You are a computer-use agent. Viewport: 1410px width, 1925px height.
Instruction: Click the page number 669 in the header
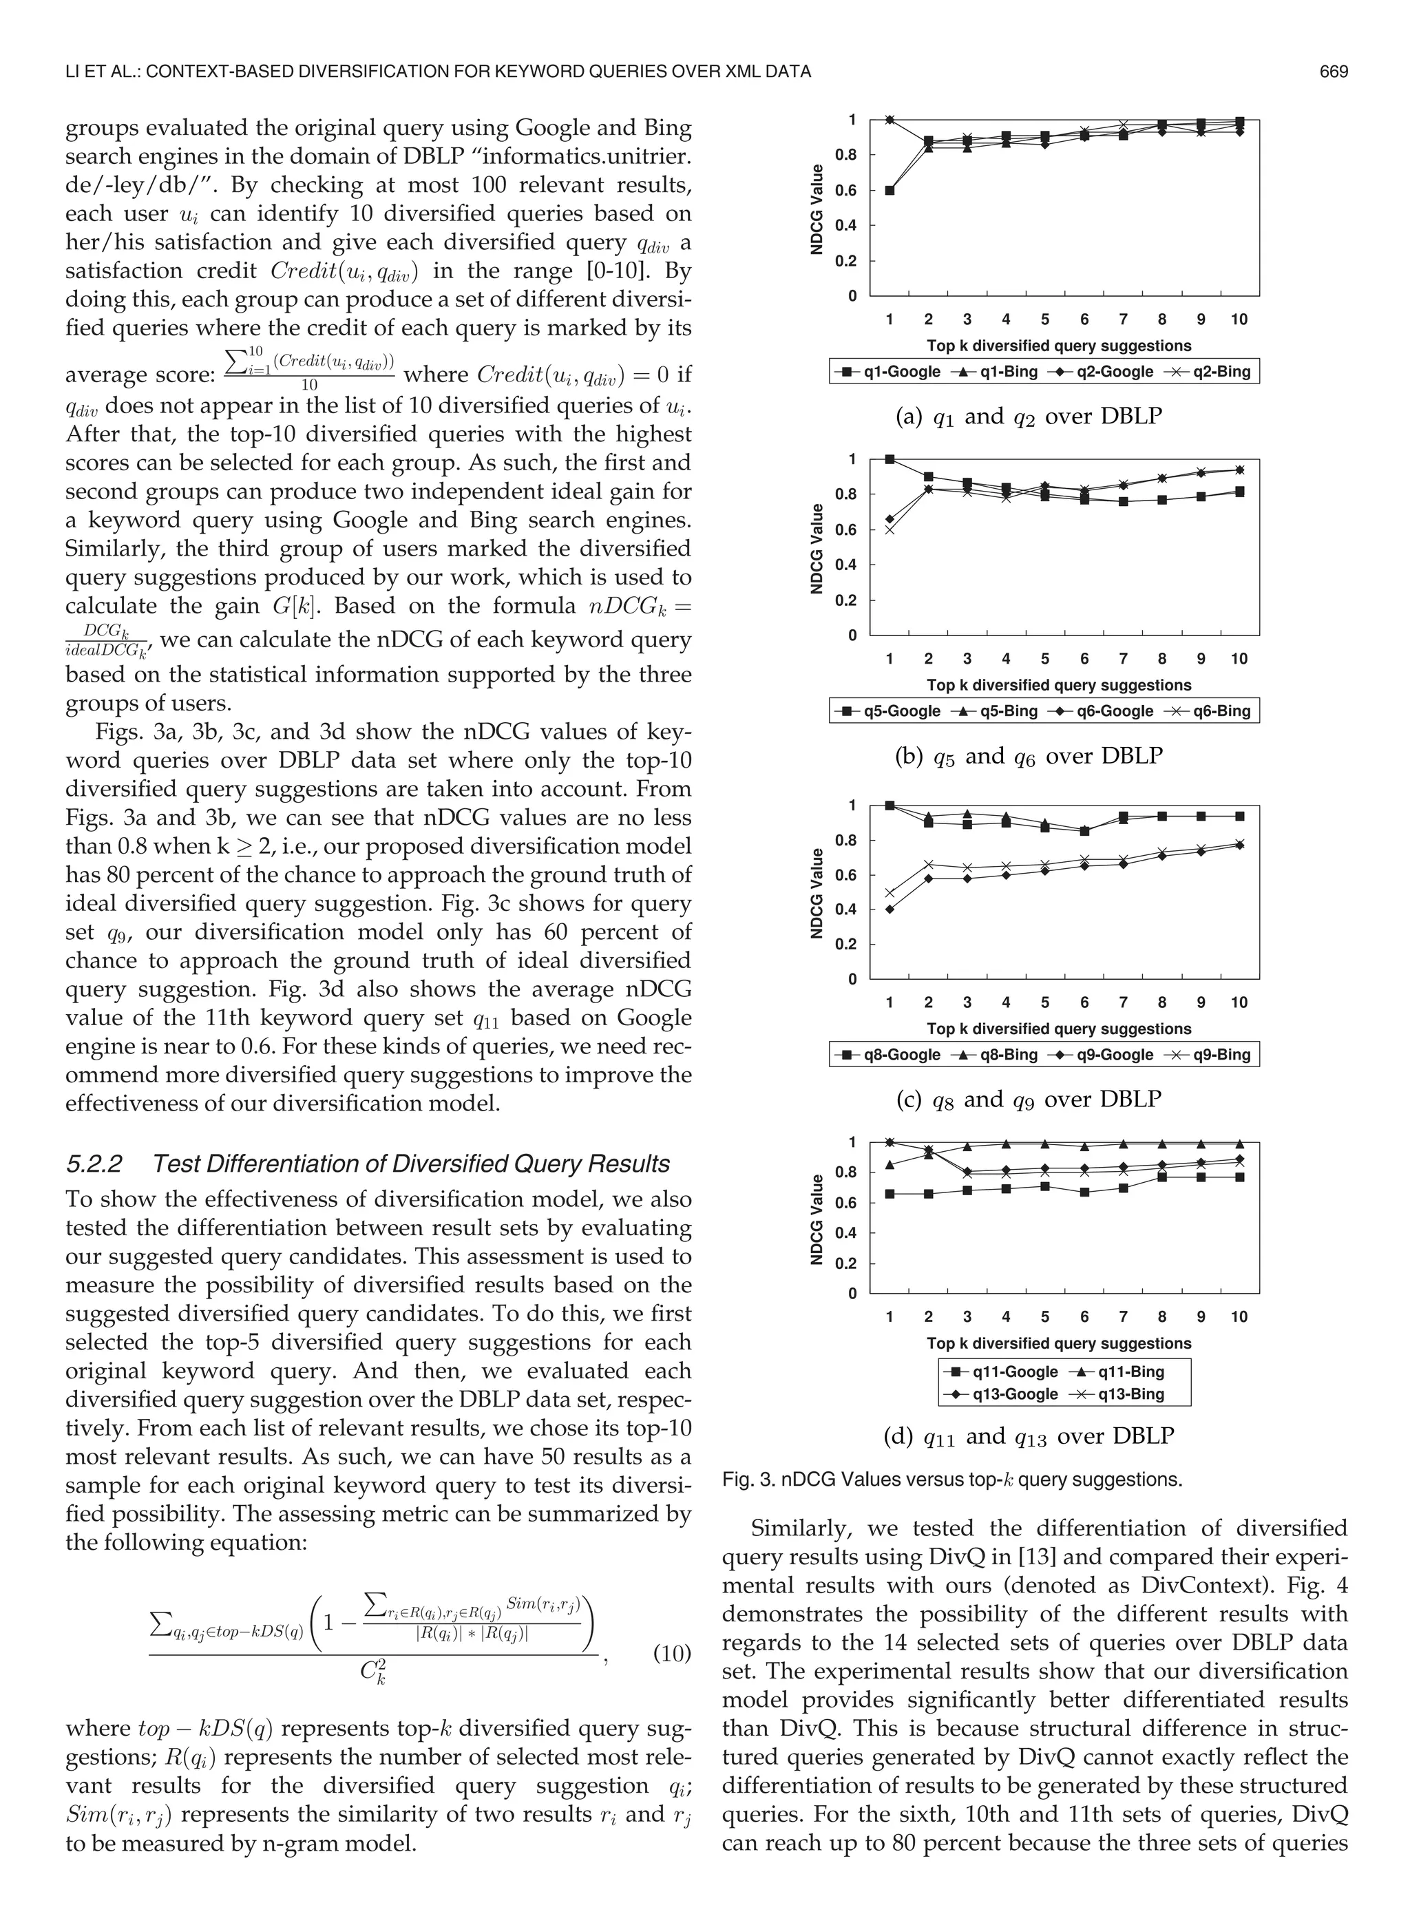click(1333, 72)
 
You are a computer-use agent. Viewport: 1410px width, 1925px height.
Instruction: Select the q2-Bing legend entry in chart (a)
click(1222, 372)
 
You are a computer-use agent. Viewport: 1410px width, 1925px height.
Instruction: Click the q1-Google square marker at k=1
click(890, 190)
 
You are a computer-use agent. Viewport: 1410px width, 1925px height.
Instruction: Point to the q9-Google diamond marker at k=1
click(890, 909)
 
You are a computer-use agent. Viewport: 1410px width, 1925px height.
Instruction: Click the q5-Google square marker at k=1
click(890, 459)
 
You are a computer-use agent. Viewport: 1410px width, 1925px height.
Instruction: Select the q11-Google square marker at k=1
click(890, 1194)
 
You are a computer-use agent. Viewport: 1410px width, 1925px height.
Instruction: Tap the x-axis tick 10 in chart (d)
click(1239, 1316)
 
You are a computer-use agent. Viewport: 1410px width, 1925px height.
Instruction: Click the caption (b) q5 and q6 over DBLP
click(1029, 756)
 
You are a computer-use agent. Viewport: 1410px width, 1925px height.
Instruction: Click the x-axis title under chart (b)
click(1058, 685)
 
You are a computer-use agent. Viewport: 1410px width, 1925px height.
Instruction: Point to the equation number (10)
click(671, 1654)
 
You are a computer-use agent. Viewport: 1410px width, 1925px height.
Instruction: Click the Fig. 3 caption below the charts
click(951, 1480)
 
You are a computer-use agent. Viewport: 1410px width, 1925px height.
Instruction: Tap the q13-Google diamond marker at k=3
click(967, 1172)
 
